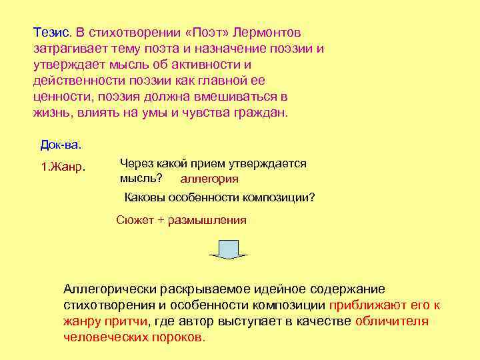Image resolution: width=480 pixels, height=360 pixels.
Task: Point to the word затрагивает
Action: (x=68, y=49)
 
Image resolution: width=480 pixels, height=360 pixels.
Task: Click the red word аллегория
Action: (x=209, y=179)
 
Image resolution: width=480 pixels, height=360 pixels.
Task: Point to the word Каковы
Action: (x=144, y=198)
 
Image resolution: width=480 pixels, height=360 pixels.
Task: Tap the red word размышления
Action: (x=207, y=219)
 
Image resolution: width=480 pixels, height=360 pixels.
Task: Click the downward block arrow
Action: (x=229, y=249)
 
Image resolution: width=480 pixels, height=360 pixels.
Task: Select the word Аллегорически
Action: (x=109, y=289)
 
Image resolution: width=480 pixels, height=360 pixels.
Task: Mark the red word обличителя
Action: (x=392, y=321)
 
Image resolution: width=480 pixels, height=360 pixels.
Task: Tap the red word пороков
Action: (x=185, y=337)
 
